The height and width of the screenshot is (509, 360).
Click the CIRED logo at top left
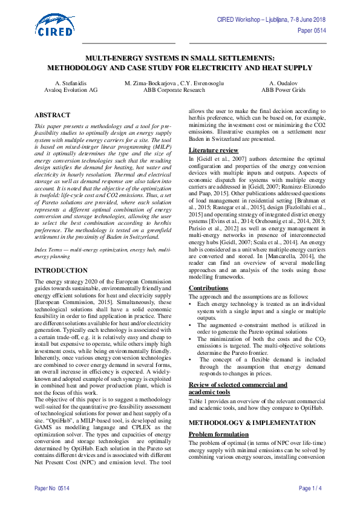point(56,25)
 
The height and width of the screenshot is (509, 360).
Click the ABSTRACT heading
point(52,114)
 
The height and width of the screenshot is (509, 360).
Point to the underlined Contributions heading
point(209,288)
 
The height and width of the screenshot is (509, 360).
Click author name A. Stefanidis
point(65,82)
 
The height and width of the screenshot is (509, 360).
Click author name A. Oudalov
point(282,82)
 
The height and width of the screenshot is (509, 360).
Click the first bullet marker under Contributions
point(191,303)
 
